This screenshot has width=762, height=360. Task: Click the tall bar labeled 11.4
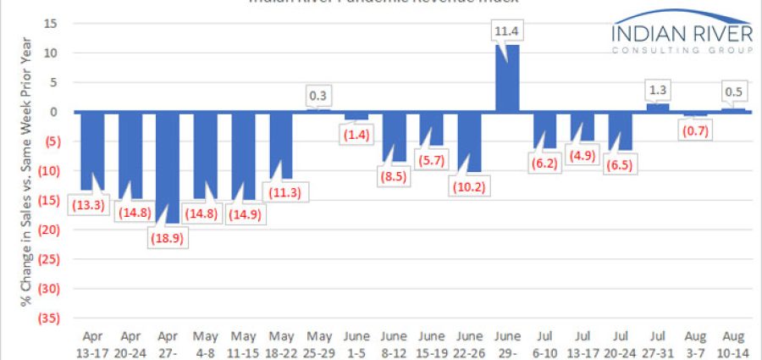click(506, 79)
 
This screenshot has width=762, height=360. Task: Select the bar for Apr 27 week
click(168, 167)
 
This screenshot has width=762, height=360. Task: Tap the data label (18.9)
click(168, 239)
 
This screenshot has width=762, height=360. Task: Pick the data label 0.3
click(318, 97)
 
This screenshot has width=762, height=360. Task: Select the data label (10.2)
click(470, 186)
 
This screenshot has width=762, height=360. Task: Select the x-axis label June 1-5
click(356, 341)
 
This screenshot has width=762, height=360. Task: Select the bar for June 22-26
click(469, 141)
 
